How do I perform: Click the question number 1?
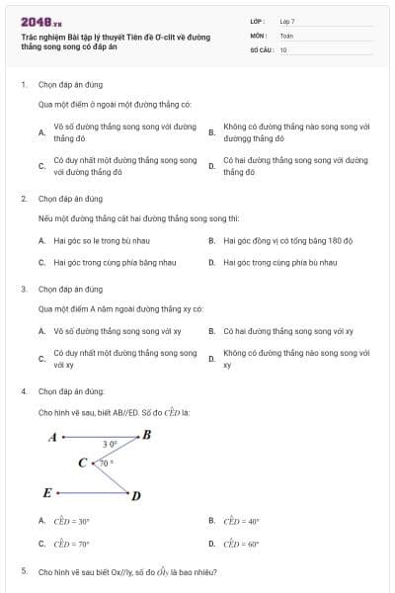[x=23, y=85]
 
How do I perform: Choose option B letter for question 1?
[x=211, y=131]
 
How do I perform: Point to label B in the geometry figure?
[x=147, y=434]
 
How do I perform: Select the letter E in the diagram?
[x=46, y=491]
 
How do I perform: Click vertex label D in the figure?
[x=136, y=495]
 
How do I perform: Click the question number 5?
[x=23, y=571]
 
